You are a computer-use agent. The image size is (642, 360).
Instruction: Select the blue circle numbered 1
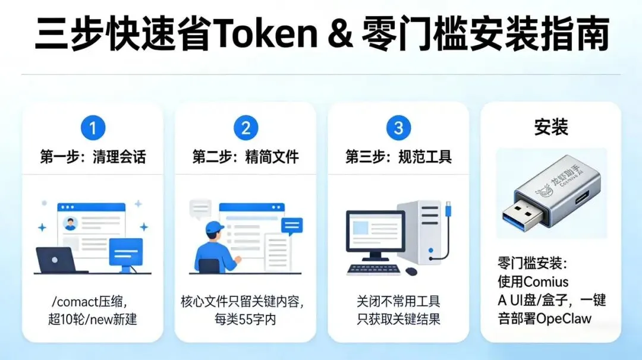[x=92, y=128]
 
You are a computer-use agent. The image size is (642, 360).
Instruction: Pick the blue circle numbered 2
[x=246, y=128]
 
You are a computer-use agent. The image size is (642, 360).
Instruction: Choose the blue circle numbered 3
[x=398, y=128]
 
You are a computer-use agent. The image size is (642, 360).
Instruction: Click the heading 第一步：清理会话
[x=92, y=157]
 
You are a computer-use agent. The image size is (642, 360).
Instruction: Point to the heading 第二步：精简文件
[x=246, y=157]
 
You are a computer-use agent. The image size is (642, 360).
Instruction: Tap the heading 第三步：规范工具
[x=398, y=157]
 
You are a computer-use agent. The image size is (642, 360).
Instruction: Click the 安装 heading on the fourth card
[x=550, y=127]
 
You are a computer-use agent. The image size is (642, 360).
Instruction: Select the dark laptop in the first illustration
[x=56, y=260]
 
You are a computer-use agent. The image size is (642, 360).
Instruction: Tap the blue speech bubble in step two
[x=291, y=225]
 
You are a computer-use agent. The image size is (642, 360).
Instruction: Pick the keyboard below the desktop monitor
[x=373, y=269]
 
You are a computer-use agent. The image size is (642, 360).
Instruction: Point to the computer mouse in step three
[x=411, y=271]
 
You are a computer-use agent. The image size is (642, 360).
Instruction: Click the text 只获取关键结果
[x=398, y=318]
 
